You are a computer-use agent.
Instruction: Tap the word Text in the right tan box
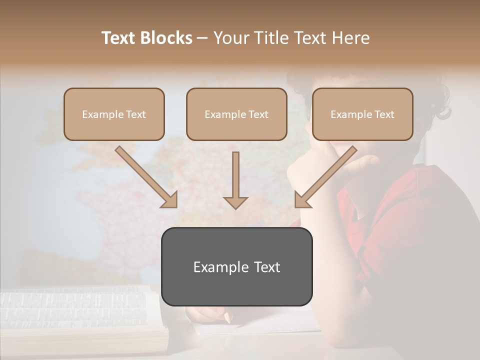tap(384, 114)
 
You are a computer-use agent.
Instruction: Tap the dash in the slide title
tap(202, 38)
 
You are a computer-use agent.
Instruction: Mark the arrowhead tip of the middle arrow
tap(235, 208)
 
